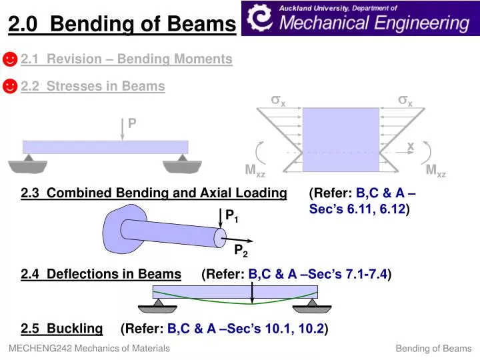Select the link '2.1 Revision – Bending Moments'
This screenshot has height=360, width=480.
tap(127, 59)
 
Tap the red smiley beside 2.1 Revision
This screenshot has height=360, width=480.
tap(10, 60)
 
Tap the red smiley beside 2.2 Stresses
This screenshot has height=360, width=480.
tap(10, 87)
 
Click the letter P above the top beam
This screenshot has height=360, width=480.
tap(132, 123)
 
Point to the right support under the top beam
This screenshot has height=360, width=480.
tap(182, 163)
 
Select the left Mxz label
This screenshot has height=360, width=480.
tap(255, 171)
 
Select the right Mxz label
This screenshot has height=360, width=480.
tap(435, 171)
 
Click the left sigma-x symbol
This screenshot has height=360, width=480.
tap(278, 101)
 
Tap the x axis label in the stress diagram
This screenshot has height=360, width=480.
tap(411, 146)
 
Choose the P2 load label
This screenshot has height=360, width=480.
tap(241, 251)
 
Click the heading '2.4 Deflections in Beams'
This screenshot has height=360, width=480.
tap(101, 274)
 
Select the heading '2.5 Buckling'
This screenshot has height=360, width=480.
tap(62, 328)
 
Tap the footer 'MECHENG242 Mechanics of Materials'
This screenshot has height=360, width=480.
tap(89, 348)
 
